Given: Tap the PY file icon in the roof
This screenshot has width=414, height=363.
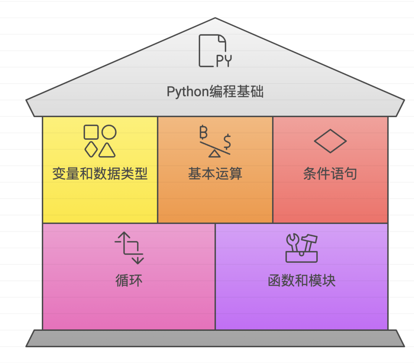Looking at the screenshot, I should pyautogui.click(x=215, y=51).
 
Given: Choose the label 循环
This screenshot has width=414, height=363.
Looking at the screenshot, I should pyautogui.click(x=129, y=281).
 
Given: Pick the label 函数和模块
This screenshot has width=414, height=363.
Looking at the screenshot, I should pyautogui.click(x=302, y=281).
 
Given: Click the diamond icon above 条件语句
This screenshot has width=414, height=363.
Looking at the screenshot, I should pyautogui.click(x=330, y=141).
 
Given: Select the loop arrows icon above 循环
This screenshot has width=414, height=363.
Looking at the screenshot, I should pyautogui.click(x=129, y=248).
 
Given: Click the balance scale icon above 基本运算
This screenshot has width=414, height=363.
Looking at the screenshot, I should pyautogui.click(x=215, y=142).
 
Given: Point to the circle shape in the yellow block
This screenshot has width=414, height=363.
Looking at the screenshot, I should pyautogui.click(x=109, y=132).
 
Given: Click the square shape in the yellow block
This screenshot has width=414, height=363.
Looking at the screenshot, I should pyautogui.click(x=91, y=132).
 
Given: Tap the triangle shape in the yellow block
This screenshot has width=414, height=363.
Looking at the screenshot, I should pyautogui.click(x=107, y=150).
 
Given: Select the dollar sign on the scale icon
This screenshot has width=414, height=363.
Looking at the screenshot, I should pyautogui.click(x=227, y=141).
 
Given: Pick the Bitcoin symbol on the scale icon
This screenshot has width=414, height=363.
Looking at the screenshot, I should pyautogui.click(x=203, y=133).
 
